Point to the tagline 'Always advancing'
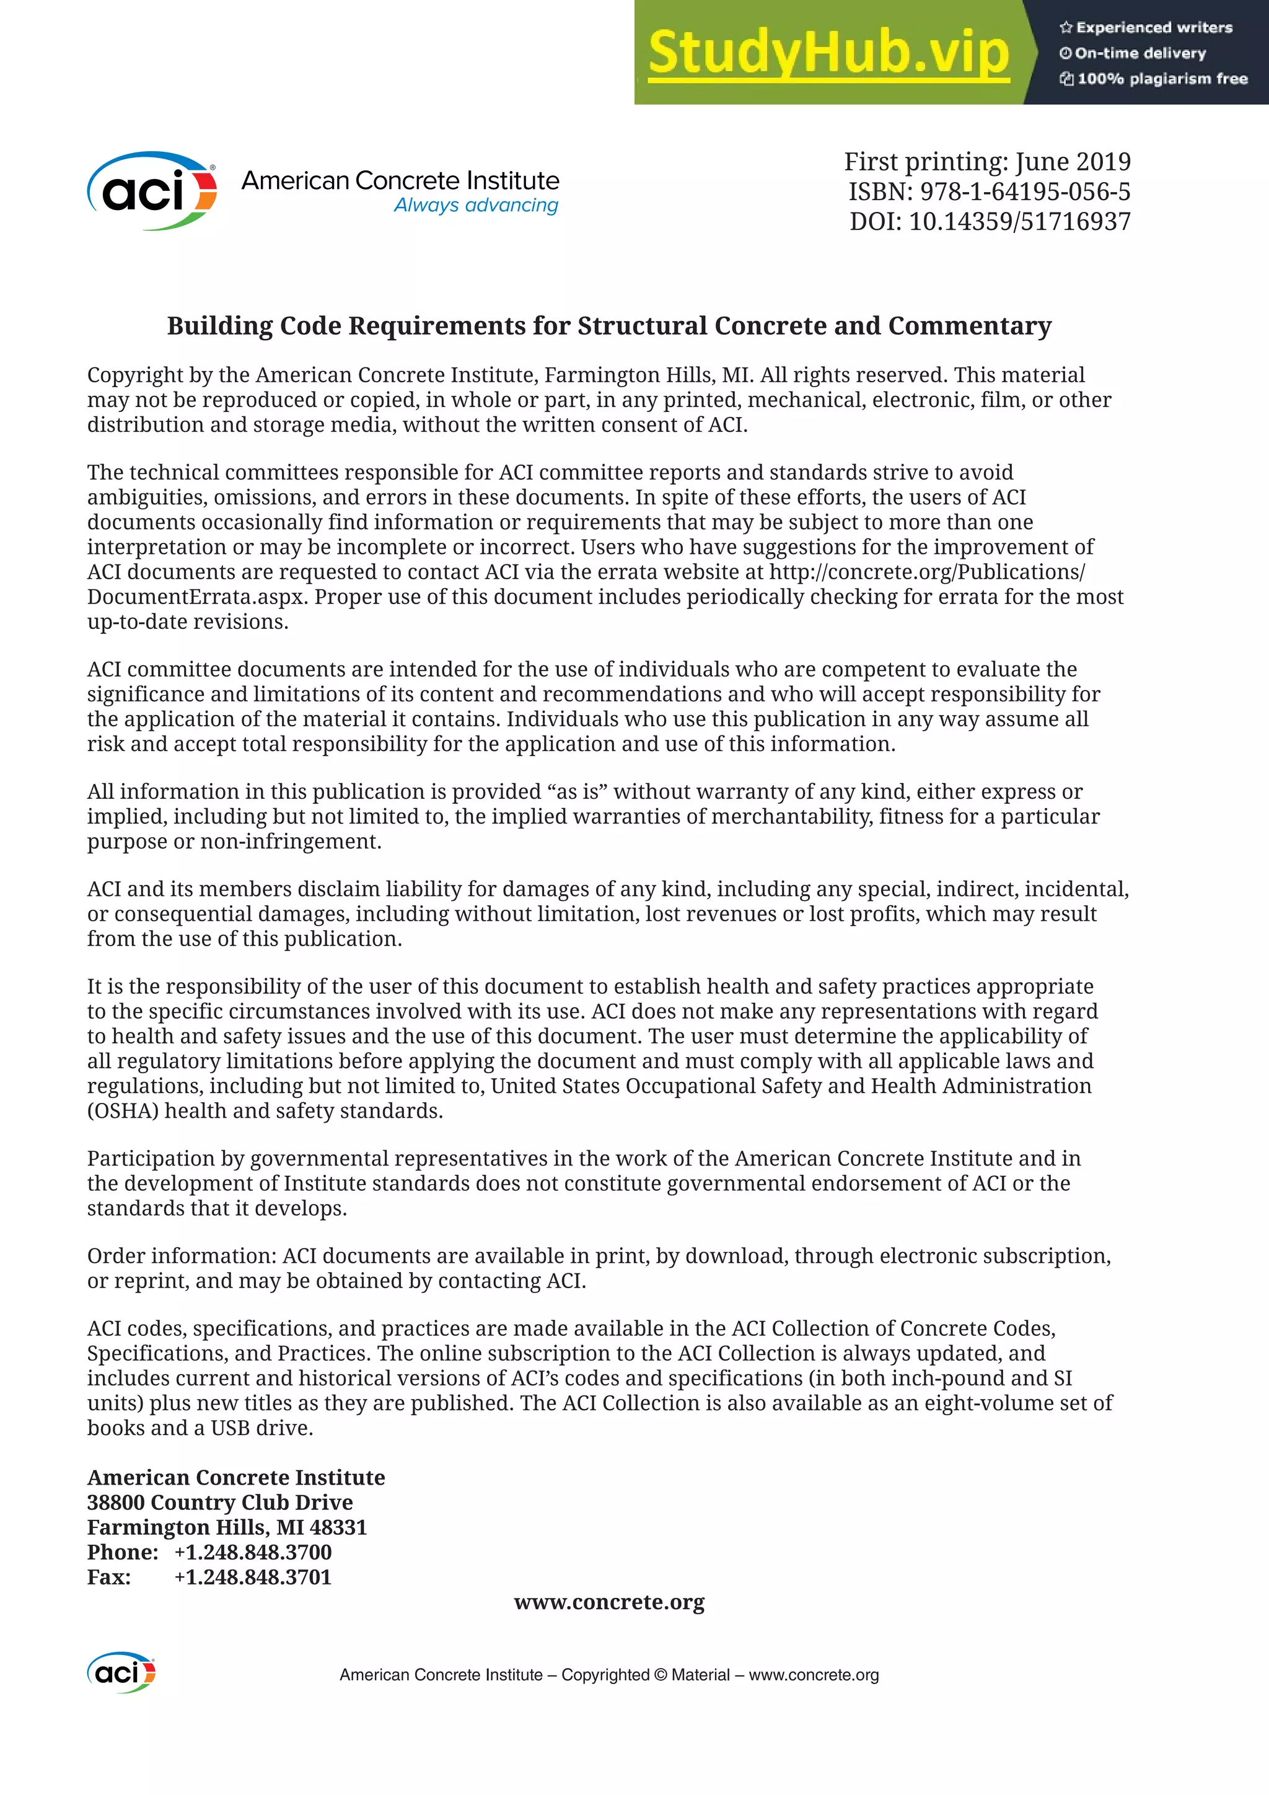(x=475, y=206)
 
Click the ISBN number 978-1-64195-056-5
(x=1024, y=191)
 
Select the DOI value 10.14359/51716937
(x=1019, y=221)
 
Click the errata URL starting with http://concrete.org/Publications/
(x=926, y=573)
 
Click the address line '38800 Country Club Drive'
(x=220, y=1503)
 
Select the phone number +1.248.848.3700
(x=253, y=1553)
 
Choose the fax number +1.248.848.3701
(x=253, y=1578)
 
